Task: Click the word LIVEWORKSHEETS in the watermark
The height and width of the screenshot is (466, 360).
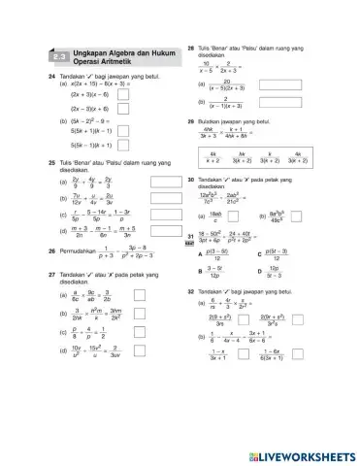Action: [x=306, y=454]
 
